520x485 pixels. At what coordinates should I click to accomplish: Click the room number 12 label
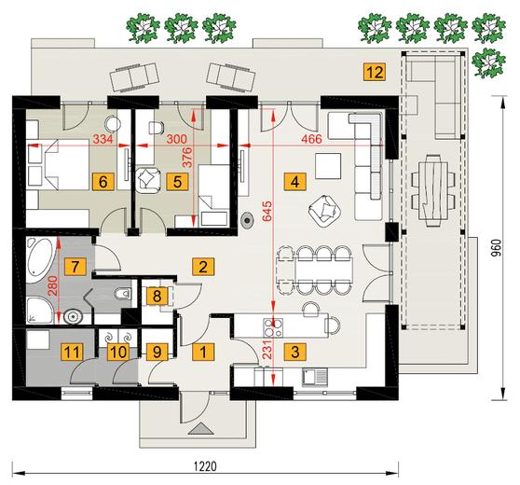(375, 72)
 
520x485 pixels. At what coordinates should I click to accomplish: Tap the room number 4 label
(294, 182)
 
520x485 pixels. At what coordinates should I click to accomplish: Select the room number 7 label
(75, 266)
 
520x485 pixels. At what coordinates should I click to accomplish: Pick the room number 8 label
(157, 296)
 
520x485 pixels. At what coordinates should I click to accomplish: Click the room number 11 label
(72, 352)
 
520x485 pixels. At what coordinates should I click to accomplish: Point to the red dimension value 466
(311, 139)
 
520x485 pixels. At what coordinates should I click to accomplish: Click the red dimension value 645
(267, 211)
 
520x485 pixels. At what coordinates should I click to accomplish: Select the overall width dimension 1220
(205, 465)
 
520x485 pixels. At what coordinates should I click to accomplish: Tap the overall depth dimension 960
(496, 248)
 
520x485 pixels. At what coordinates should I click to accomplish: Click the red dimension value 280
(53, 286)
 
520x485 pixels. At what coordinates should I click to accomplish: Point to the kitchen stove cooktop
(273, 327)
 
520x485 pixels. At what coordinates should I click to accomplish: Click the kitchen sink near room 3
(315, 378)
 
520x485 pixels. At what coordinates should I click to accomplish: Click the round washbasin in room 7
(73, 317)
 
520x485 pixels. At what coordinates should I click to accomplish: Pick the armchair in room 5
(147, 180)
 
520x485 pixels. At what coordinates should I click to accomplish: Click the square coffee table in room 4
(328, 166)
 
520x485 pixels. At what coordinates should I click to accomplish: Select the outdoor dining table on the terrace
(432, 190)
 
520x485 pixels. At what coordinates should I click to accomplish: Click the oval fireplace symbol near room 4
(247, 220)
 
